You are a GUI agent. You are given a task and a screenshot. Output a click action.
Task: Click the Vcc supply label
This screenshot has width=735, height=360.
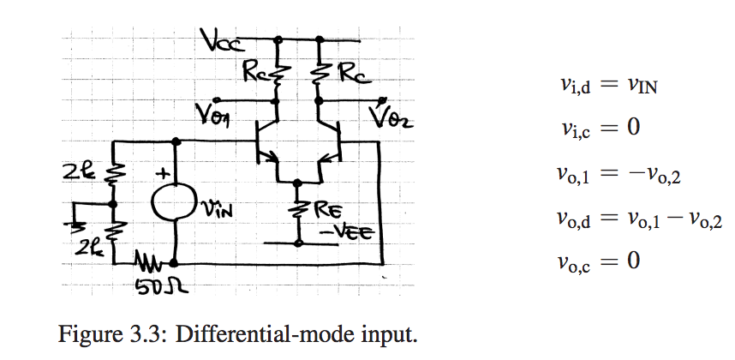pos(220,39)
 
